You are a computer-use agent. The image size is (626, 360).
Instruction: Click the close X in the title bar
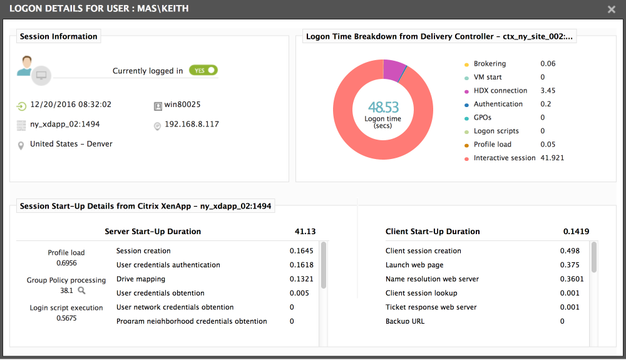point(612,9)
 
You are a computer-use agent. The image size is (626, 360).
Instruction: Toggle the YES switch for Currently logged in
point(203,71)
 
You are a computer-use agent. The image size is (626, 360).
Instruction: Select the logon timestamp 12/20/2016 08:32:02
point(70,105)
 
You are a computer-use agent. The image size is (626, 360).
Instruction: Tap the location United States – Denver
point(71,144)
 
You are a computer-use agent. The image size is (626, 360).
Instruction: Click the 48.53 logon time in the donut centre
point(382,106)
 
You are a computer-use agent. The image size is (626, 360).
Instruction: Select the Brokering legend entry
point(490,64)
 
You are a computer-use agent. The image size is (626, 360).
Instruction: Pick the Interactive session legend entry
point(505,158)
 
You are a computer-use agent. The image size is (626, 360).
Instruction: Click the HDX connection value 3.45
point(548,91)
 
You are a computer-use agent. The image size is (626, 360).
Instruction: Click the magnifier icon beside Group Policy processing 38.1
point(81,291)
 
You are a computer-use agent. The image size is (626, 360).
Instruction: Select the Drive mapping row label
point(140,279)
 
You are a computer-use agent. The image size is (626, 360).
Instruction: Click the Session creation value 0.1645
point(301,251)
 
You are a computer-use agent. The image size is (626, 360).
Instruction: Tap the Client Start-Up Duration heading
point(433,232)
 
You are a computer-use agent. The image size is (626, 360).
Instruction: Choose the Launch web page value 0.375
point(570,265)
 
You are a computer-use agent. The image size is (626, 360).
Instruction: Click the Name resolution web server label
point(432,279)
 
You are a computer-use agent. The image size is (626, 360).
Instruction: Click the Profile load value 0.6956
point(66,263)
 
